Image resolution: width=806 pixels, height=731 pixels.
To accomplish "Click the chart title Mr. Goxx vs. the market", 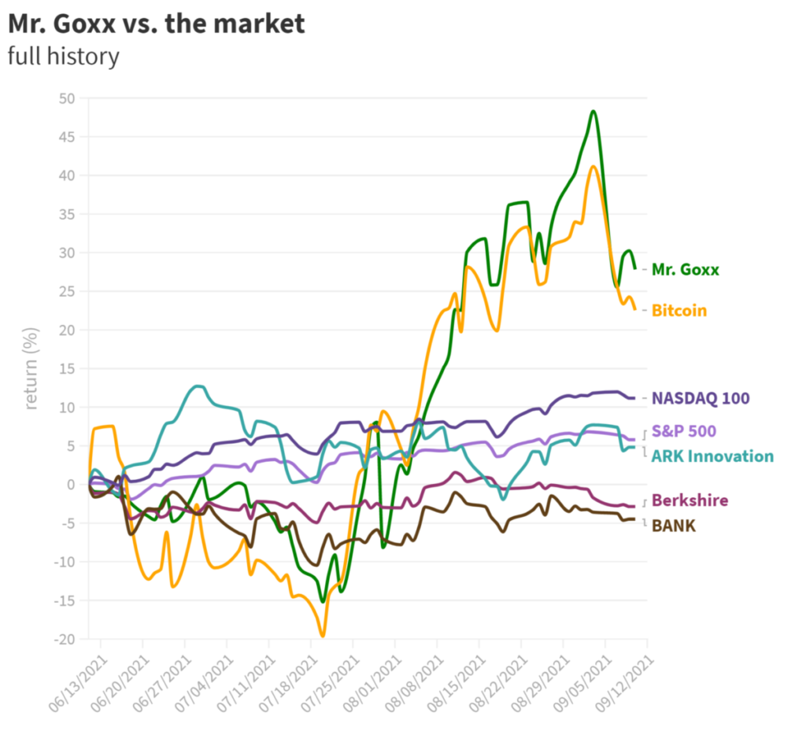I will click(156, 24).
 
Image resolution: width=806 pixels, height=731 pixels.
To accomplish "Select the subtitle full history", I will click(63, 57).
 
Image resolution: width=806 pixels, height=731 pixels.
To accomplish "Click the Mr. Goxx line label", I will click(685, 269).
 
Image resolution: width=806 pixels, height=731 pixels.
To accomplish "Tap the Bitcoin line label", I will click(678, 311).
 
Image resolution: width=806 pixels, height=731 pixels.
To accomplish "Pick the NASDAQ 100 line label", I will click(700, 398).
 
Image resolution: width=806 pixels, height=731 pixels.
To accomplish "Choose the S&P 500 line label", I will click(683, 431).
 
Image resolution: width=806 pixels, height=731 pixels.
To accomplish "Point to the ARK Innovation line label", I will click(712, 456).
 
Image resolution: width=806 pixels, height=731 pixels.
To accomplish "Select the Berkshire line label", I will click(690, 501).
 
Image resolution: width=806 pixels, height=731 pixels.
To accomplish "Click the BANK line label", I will click(674, 526).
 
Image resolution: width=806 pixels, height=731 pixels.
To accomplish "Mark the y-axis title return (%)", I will click(32, 368).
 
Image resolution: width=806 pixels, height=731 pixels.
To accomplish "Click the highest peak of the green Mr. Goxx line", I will click(593, 111).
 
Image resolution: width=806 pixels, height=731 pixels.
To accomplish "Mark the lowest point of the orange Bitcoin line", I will click(322, 636).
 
